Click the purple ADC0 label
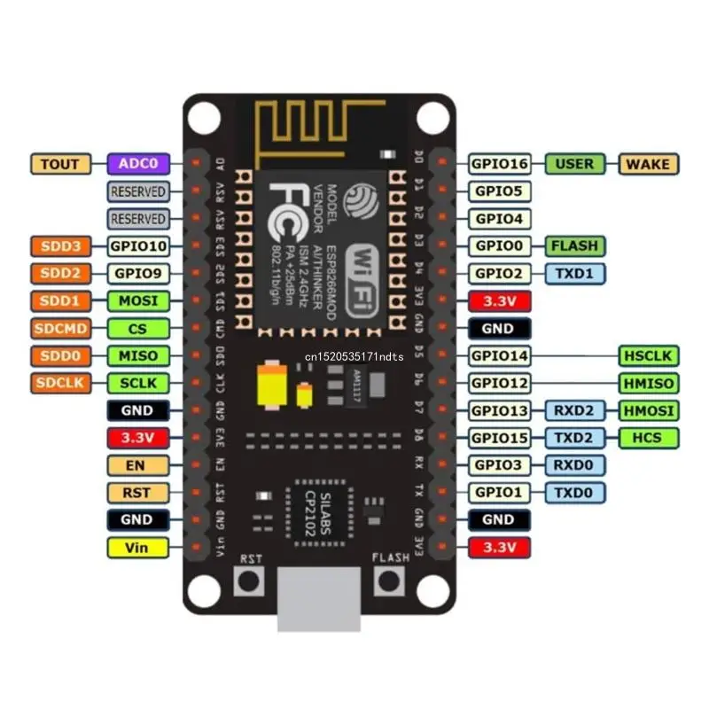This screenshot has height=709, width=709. (137, 164)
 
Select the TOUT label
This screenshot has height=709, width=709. (60, 164)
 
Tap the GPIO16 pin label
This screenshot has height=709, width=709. (499, 164)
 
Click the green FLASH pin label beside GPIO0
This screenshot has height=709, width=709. (574, 245)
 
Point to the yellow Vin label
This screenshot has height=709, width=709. (137, 548)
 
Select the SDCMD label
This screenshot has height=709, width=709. (60, 329)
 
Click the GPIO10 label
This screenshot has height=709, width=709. (137, 245)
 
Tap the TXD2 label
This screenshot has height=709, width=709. (574, 438)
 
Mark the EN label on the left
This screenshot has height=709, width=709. (137, 465)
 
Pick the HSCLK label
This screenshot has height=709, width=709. (647, 356)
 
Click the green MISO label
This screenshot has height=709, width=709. (137, 356)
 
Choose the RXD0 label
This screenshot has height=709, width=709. (574, 465)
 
